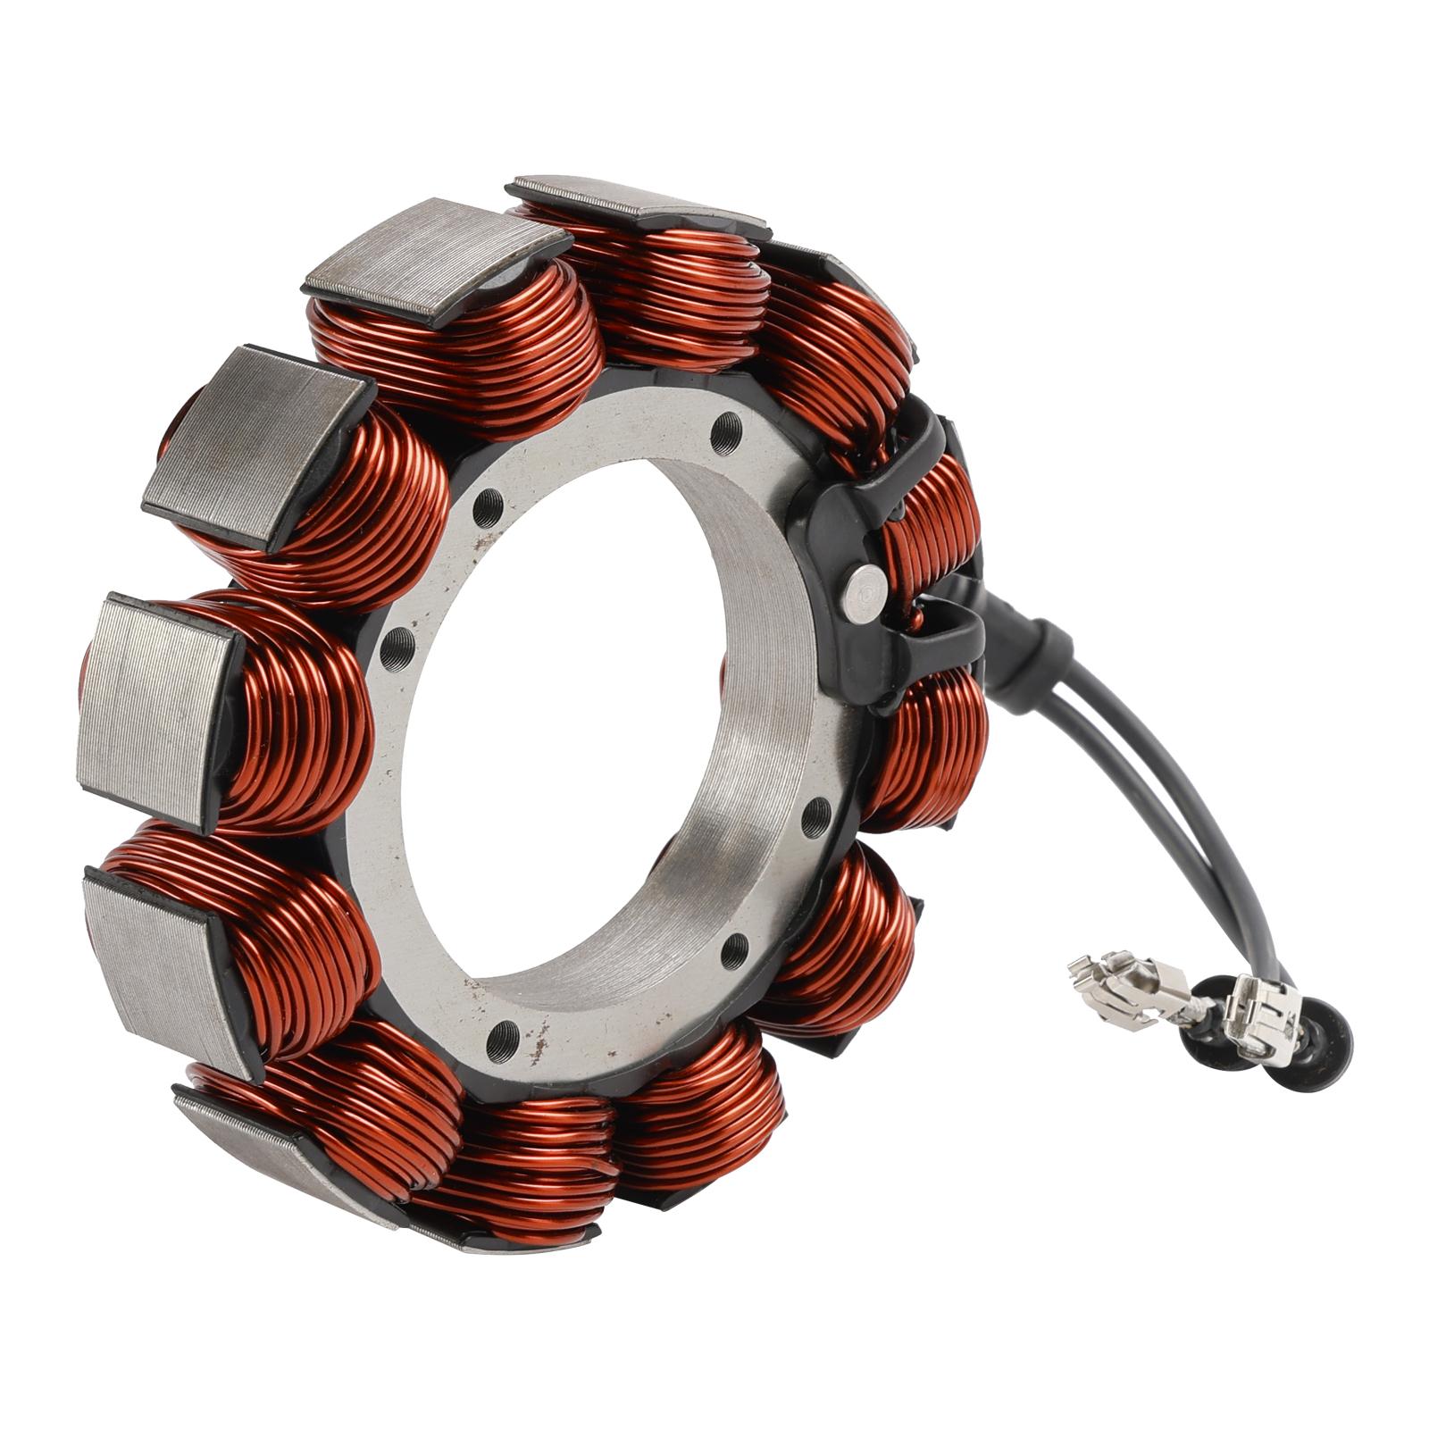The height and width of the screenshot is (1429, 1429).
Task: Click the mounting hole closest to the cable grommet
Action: click(815, 817)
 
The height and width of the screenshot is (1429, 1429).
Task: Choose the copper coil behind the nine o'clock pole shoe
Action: click(295, 706)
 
